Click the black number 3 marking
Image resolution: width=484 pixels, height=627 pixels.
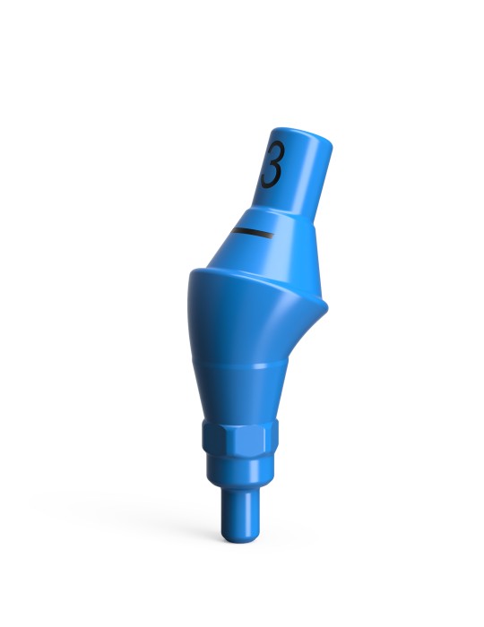click(272, 165)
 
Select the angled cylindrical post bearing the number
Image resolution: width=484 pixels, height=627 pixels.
click(298, 175)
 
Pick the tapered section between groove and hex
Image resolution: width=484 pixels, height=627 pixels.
click(238, 394)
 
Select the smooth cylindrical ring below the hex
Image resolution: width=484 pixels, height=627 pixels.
click(238, 473)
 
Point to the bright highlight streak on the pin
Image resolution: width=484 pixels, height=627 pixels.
click(228, 518)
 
